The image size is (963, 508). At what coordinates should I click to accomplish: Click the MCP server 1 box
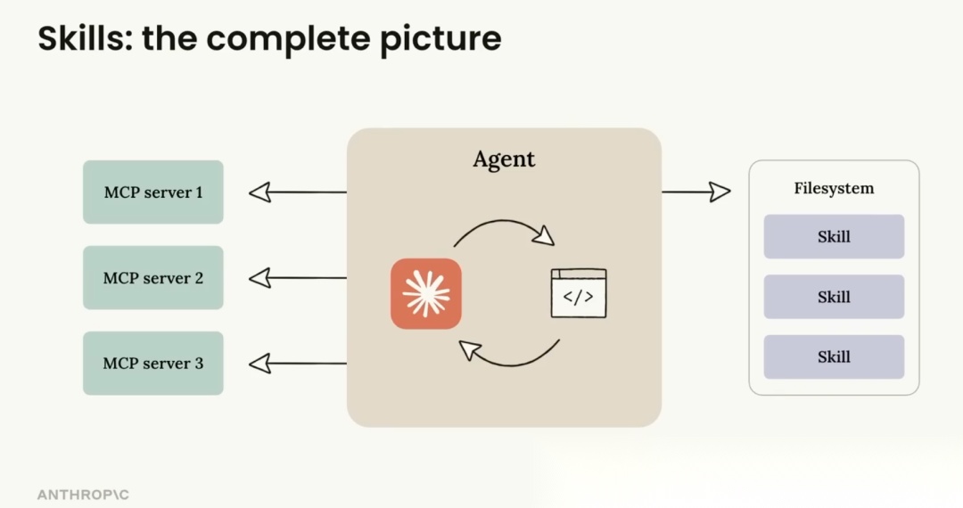(x=153, y=192)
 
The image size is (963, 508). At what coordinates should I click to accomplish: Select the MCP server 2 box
(x=153, y=278)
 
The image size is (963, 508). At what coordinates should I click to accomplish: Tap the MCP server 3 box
(x=153, y=364)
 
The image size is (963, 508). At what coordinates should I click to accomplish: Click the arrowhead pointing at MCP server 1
(x=259, y=192)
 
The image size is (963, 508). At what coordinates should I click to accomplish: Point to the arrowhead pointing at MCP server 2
(x=259, y=278)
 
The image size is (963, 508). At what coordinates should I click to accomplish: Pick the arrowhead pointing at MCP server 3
(x=259, y=364)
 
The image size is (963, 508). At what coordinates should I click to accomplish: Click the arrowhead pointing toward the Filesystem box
(x=720, y=192)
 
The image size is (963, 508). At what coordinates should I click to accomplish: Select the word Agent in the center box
(x=504, y=160)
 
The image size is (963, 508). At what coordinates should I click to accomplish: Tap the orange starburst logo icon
(x=426, y=294)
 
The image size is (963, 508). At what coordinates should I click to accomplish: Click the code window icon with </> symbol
(x=579, y=293)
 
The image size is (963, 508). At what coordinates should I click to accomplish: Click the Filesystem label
(x=834, y=189)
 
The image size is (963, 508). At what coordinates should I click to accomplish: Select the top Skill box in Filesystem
(x=834, y=237)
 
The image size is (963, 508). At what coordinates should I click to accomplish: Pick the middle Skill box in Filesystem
(x=834, y=297)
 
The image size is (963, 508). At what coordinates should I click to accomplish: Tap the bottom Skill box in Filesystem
(x=834, y=357)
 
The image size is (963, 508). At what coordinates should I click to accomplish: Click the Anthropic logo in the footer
(x=83, y=495)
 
